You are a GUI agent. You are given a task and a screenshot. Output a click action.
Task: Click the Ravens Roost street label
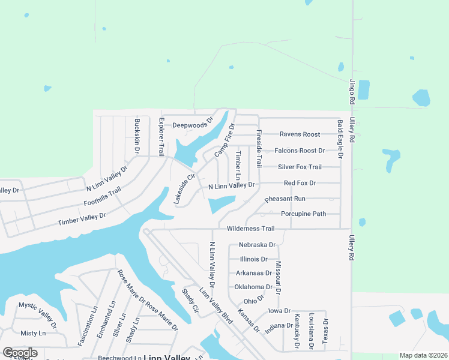coord(300,134)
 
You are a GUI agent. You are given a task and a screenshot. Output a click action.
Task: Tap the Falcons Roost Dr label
coord(300,151)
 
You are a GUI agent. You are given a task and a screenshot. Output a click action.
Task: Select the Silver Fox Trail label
coord(300,167)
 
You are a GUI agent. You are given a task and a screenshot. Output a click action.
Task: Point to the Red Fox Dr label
coord(300,182)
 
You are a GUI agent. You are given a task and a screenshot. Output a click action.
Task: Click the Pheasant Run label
coord(285,199)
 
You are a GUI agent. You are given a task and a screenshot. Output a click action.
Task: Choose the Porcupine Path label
coord(303,214)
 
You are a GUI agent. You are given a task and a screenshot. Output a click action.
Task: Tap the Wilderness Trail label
coord(250,229)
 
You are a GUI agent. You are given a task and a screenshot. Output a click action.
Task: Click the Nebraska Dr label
coord(257,245)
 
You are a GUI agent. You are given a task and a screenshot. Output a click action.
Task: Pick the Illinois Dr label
coord(253,259)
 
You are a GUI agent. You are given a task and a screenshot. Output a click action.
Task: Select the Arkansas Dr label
coord(253,273)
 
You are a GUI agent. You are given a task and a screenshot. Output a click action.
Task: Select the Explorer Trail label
coord(161,137)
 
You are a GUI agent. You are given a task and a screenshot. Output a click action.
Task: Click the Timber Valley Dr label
coord(82,219)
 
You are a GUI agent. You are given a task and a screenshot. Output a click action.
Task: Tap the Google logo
coord(20,353)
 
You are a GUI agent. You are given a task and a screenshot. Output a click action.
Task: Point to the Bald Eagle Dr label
coord(340,139)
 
